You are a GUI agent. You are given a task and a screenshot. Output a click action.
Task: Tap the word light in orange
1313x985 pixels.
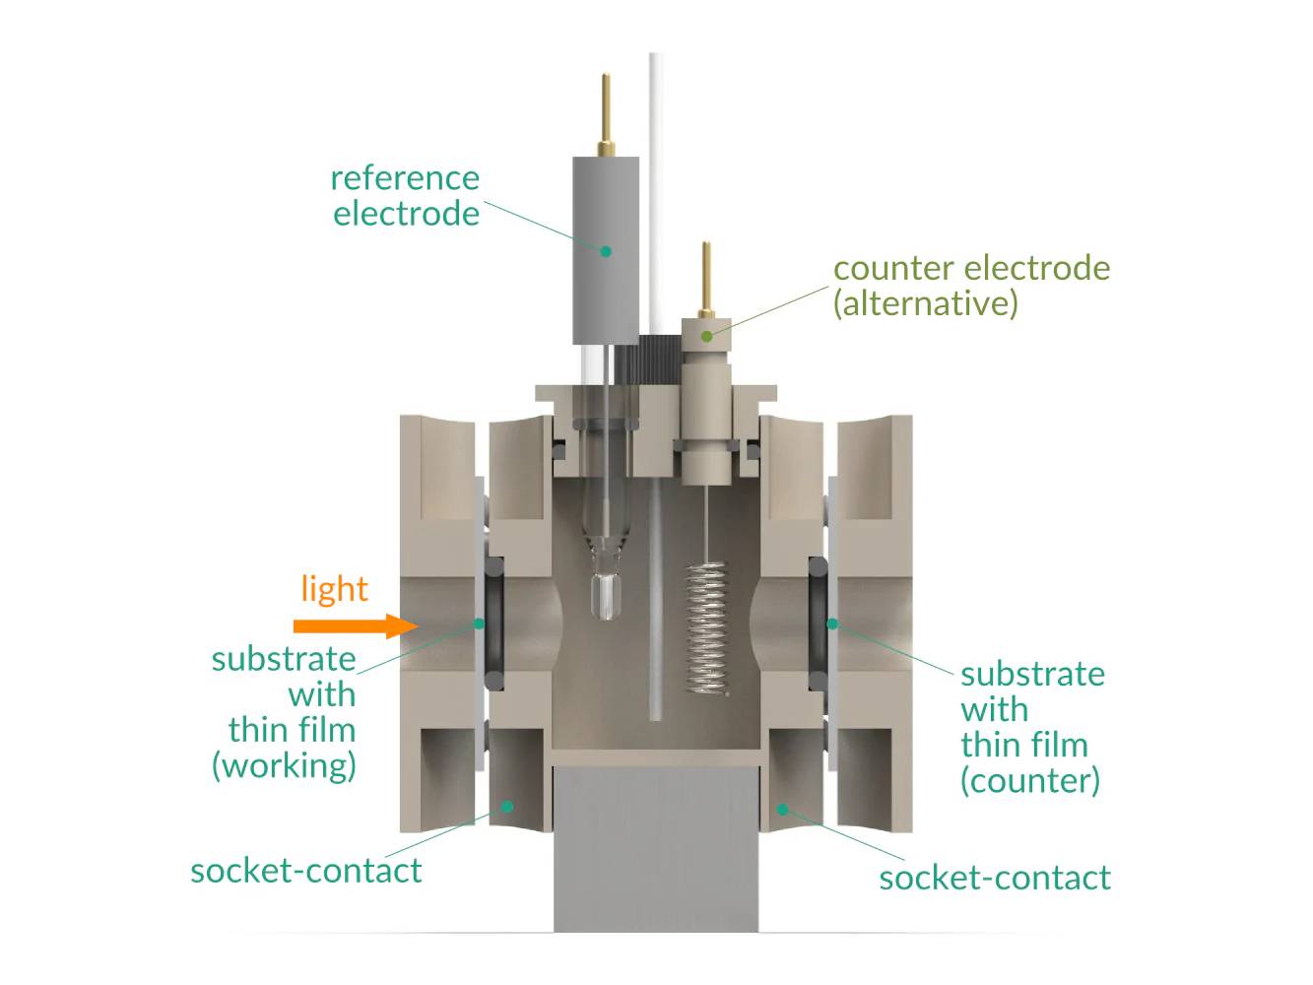tap(334, 588)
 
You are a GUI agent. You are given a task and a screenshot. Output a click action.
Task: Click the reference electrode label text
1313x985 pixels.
tap(405, 195)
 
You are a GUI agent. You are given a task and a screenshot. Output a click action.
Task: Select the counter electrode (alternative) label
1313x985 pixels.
tap(970, 285)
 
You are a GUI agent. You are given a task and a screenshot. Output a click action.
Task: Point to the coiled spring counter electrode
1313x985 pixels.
tap(706, 626)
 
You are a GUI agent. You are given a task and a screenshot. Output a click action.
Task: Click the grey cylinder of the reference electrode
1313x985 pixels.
tap(605, 251)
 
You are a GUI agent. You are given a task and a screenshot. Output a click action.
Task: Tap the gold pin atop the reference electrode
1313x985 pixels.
tap(606, 113)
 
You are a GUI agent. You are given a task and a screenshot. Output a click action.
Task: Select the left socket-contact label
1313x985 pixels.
tap(305, 871)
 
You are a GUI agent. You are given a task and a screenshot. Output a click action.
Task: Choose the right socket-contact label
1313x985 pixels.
tap(994, 877)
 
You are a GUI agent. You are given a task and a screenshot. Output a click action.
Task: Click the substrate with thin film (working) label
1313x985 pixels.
tap(284, 711)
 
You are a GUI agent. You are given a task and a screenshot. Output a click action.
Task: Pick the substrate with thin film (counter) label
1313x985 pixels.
tap(1031, 727)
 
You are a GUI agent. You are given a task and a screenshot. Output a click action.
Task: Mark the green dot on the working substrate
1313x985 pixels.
tap(480, 624)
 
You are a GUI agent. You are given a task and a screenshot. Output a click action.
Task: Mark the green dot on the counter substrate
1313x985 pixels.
tap(832, 624)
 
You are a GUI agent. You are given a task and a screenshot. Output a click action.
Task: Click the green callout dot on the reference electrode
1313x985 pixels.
tap(606, 251)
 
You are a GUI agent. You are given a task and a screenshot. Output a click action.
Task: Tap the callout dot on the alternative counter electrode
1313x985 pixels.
tap(706, 336)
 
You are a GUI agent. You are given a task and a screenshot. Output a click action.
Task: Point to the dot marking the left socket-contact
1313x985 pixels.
tap(507, 806)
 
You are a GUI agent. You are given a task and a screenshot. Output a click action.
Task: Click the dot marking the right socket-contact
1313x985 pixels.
tap(783, 810)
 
